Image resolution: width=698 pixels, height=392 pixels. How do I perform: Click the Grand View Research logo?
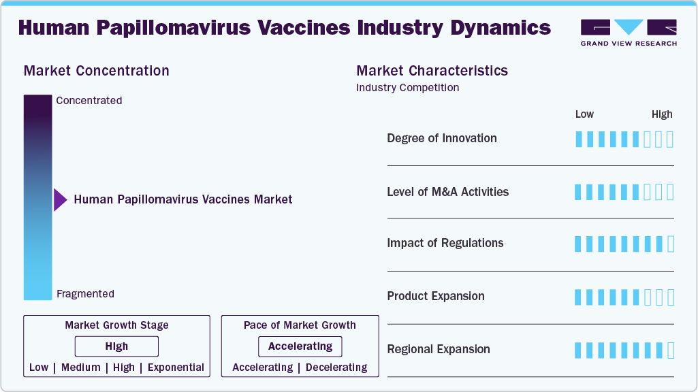pyautogui.click(x=629, y=32)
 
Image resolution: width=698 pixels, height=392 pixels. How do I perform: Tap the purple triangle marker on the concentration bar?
pyautogui.click(x=60, y=200)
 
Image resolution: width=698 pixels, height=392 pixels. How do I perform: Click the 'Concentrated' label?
pyautogui.click(x=89, y=101)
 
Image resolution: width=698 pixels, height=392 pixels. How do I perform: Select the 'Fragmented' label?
pyautogui.click(x=86, y=294)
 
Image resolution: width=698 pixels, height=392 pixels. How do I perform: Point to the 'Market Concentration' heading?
pyautogui.click(x=97, y=71)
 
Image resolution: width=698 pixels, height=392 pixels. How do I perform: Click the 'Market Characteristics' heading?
pyautogui.click(x=432, y=71)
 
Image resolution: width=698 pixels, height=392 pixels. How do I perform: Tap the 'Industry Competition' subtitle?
pyautogui.click(x=407, y=88)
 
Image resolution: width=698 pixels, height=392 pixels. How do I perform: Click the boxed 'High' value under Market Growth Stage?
pyautogui.click(x=116, y=346)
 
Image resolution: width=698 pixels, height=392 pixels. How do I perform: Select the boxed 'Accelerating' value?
pyautogui.click(x=300, y=346)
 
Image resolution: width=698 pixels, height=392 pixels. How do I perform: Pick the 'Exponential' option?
pyautogui.click(x=176, y=367)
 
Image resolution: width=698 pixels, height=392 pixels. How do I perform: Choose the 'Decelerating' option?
pyautogui.click(x=336, y=367)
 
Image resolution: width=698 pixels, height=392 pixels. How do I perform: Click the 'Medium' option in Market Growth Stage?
pyautogui.click(x=81, y=367)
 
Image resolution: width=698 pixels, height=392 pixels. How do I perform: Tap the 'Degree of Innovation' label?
pyautogui.click(x=441, y=138)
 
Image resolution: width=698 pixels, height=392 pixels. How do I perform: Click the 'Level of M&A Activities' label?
pyautogui.click(x=448, y=192)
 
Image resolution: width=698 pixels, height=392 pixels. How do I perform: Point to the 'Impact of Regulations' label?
pyautogui.click(x=445, y=243)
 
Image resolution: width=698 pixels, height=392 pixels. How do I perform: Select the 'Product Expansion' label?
pyautogui.click(x=436, y=296)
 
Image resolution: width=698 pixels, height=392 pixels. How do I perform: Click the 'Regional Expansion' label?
pyautogui.click(x=439, y=349)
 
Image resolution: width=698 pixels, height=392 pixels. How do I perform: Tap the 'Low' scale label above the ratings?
pyautogui.click(x=584, y=114)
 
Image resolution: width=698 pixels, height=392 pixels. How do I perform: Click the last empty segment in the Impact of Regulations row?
pyautogui.click(x=671, y=244)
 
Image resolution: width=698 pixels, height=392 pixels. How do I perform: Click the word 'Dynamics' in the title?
pyautogui.click(x=501, y=28)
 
